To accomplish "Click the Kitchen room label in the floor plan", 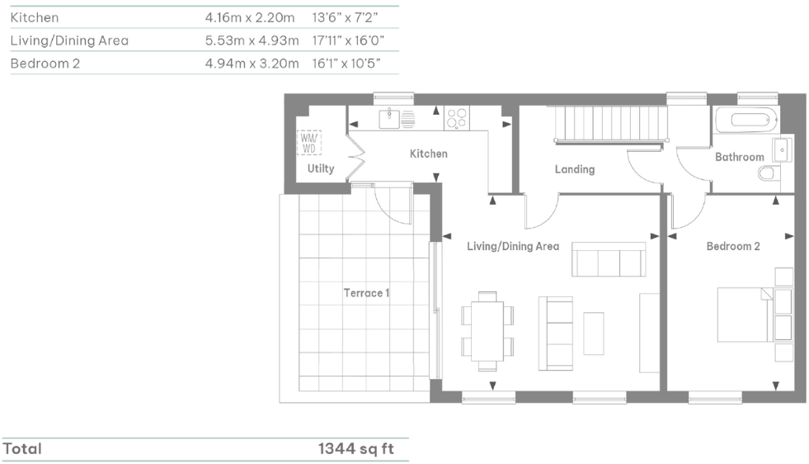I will tap(429, 154).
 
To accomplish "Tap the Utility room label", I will tap(321, 168).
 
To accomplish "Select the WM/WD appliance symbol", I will tap(309, 143).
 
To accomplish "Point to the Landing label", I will tap(574, 169).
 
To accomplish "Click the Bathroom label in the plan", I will tap(739, 157).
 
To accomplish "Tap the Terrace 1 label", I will tap(366, 293).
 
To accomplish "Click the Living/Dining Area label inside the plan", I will tap(512, 246).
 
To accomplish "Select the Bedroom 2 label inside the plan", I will tap(732, 246).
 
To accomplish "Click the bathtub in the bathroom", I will tap(746, 119).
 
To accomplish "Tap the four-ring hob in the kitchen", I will tap(456, 119).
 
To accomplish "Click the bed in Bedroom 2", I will tap(745, 314).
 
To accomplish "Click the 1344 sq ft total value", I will tap(355, 449).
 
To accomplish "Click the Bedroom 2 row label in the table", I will tap(45, 63).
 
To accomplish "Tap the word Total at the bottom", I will tap(23, 449).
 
